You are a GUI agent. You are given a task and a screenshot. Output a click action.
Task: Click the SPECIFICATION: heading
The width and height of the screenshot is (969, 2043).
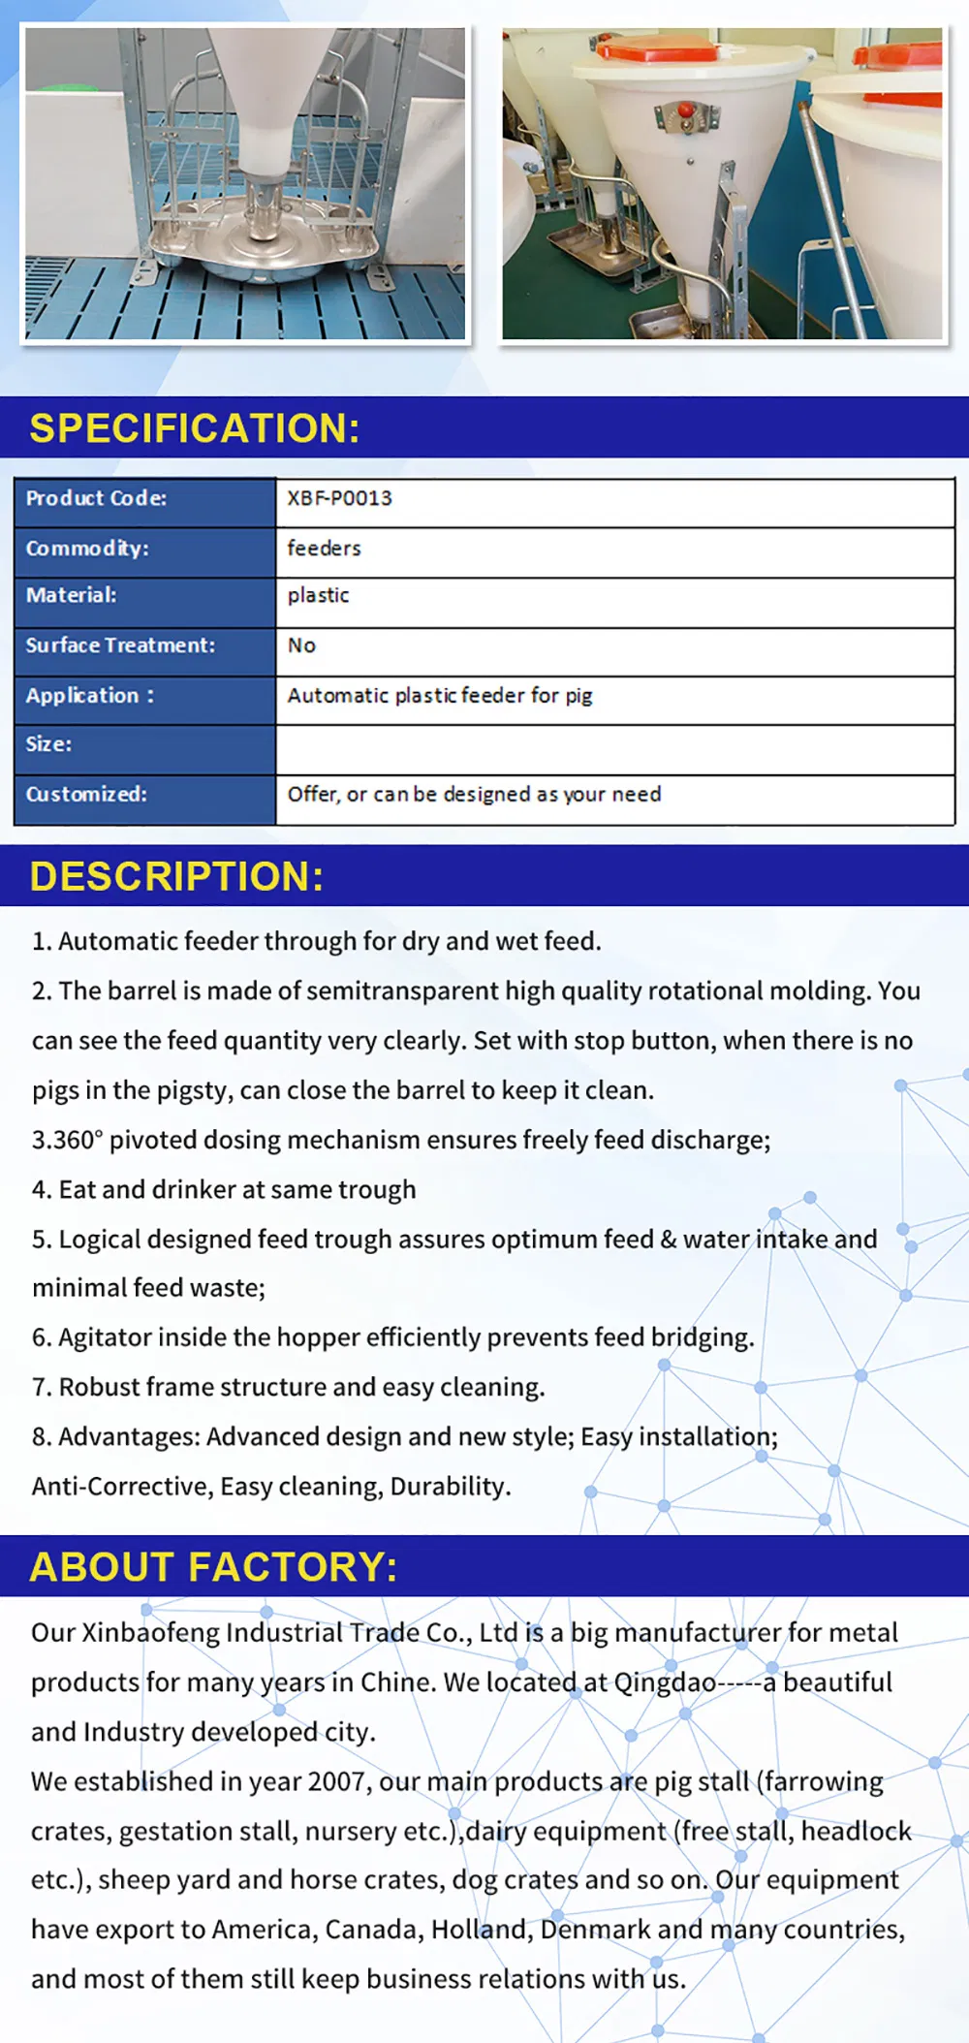(x=194, y=428)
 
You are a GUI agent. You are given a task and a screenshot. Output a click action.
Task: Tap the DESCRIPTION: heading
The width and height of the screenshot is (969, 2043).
(x=176, y=876)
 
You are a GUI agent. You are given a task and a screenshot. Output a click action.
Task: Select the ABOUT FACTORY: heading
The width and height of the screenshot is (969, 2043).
(x=213, y=1567)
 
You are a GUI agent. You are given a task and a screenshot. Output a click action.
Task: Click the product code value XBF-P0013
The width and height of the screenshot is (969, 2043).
(x=339, y=498)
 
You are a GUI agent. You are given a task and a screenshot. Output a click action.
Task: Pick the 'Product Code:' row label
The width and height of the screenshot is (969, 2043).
(x=96, y=498)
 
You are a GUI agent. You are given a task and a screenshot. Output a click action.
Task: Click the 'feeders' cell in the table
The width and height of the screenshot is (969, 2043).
(x=324, y=549)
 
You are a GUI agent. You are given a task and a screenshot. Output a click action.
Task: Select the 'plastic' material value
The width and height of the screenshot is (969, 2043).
(x=318, y=595)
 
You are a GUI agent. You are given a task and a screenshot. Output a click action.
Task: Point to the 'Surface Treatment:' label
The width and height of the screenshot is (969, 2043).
(x=120, y=645)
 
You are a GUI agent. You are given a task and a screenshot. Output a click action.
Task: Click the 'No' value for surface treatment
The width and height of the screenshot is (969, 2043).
(x=301, y=645)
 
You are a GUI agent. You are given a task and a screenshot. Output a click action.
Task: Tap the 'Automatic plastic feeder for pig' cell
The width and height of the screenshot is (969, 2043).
(x=439, y=696)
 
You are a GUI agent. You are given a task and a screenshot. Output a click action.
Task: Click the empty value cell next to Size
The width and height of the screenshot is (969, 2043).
(x=614, y=745)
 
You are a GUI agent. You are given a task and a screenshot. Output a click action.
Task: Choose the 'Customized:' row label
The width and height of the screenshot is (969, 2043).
(x=86, y=795)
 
